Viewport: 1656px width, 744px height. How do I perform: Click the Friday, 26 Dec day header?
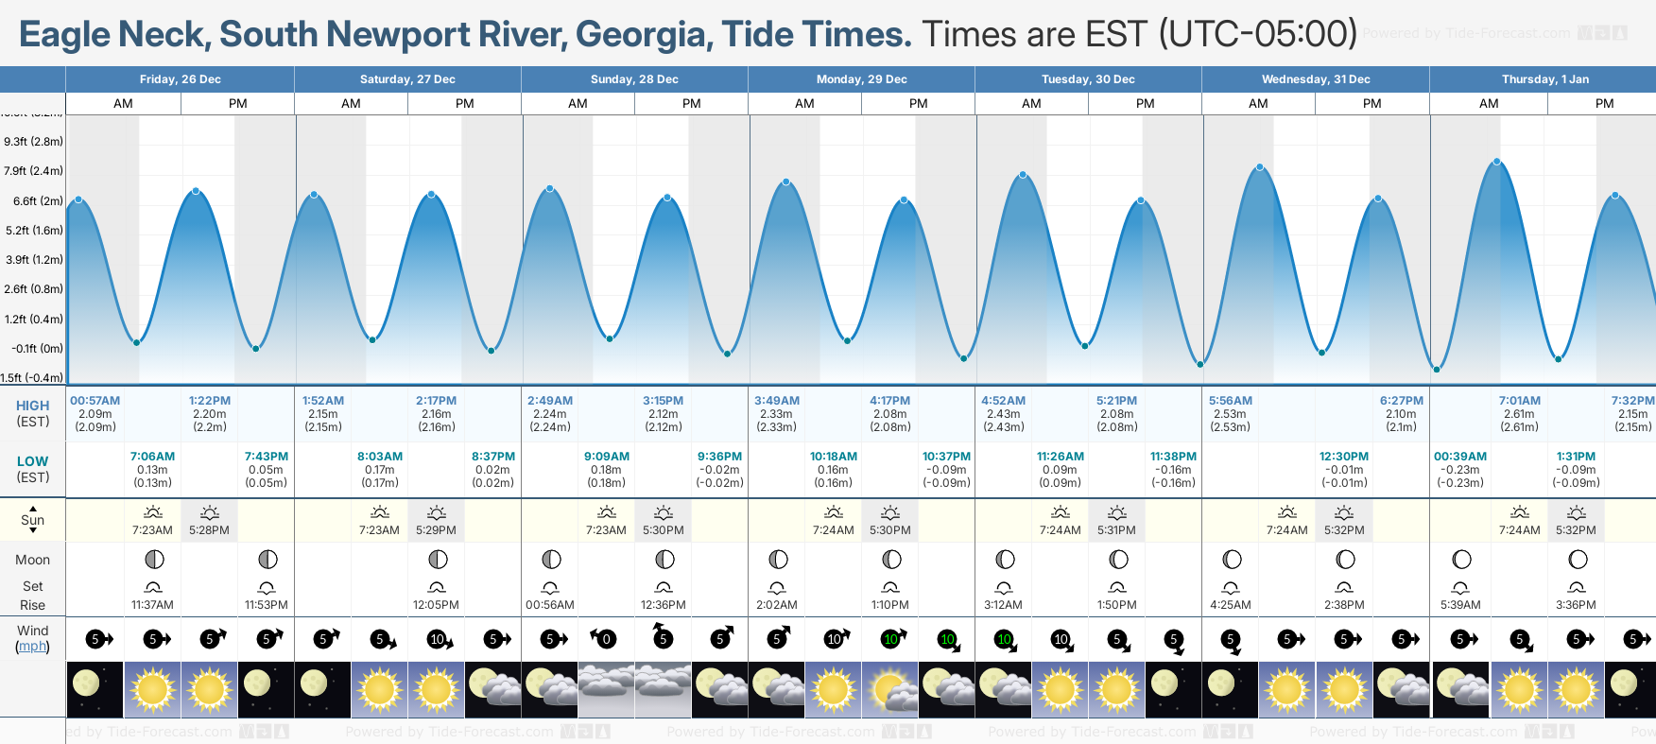click(x=180, y=79)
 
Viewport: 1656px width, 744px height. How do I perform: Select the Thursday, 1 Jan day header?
click(x=1544, y=79)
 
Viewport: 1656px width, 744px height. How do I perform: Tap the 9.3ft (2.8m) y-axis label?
click(x=33, y=142)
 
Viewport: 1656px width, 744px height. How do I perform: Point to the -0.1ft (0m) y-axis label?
click(x=37, y=349)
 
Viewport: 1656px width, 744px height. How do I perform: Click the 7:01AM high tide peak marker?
click(x=1497, y=163)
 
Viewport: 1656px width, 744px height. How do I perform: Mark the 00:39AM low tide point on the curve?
click(x=1437, y=369)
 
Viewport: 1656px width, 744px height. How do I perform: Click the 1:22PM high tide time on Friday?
click(x=210, y=401)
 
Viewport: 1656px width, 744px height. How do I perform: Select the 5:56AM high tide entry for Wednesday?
click(x=1230, y=401)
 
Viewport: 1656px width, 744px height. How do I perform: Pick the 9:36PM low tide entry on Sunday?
click(x=719, y=457)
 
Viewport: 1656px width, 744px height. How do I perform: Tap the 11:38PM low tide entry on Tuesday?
click(x=1173, y=457)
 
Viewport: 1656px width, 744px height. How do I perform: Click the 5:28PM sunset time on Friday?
click(x=209, y=530)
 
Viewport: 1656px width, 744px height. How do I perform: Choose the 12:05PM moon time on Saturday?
click(x=436, y=605)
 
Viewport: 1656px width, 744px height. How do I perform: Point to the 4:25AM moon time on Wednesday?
click(x=1230, y=605)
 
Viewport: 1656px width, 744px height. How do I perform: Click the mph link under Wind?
click(x=32, y=647)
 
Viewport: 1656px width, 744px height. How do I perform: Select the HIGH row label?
click(x=32, y=406)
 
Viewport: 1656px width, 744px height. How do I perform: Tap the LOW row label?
click(x=32, y=461)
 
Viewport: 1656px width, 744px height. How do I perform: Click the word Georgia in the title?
click(x=643, y=35)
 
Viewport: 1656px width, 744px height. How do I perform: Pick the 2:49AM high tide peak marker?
click(x=550, y=188)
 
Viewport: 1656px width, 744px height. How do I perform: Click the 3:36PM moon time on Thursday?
click(x=1576, y=605)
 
